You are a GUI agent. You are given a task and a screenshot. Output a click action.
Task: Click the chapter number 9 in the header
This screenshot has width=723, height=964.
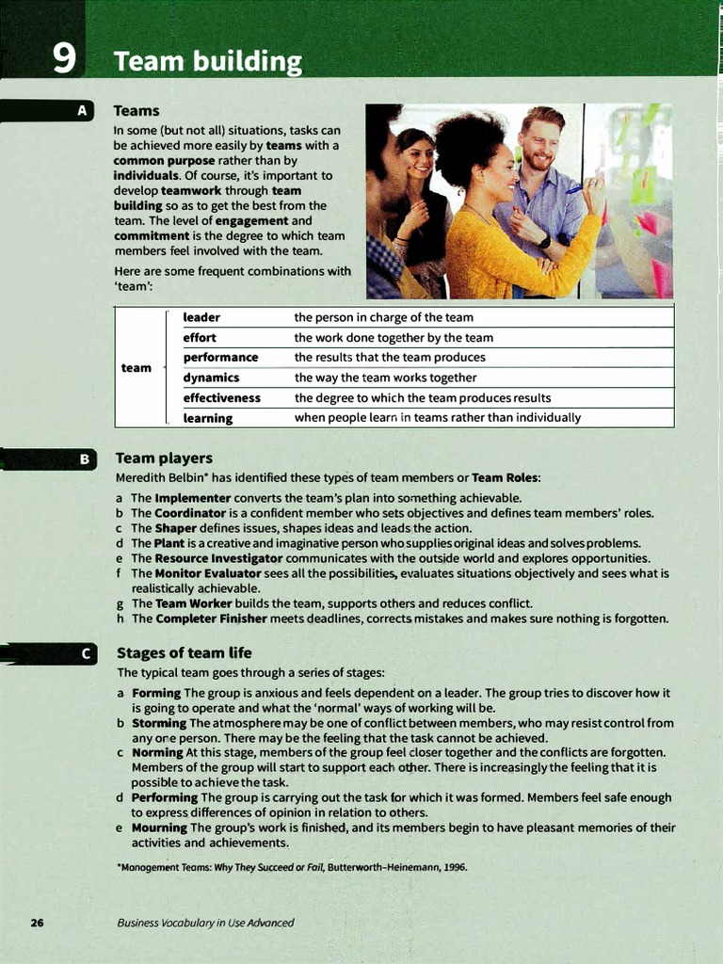[64, 59]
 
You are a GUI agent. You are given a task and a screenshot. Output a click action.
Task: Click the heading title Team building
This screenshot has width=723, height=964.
[207, 62]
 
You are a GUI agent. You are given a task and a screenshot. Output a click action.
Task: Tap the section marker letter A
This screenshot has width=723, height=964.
[83, 111]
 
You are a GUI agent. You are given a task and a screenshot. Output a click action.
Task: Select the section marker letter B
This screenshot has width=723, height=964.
[83, 459]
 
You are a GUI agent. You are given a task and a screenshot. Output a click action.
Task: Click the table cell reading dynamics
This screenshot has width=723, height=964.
[211, 378]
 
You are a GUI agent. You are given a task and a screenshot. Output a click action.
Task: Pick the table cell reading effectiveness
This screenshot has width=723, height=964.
[221, 397]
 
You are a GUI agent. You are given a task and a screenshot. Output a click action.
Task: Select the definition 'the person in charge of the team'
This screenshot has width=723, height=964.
[383, 317]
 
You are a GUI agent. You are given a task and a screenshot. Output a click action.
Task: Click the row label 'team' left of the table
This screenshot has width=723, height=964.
[136, 367]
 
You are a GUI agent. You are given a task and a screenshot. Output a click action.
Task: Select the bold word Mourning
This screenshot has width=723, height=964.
[159, 827]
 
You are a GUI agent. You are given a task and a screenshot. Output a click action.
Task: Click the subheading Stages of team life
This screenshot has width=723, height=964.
[184, 652]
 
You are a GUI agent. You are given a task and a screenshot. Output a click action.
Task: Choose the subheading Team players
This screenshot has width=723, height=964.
[164, 458]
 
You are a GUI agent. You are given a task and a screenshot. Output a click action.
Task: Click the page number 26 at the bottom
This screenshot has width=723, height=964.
[37, 923]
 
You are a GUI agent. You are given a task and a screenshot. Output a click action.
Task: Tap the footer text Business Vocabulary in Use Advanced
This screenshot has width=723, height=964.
[205, 923]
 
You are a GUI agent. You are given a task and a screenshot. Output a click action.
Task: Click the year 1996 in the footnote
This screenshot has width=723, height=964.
[454, 867]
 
